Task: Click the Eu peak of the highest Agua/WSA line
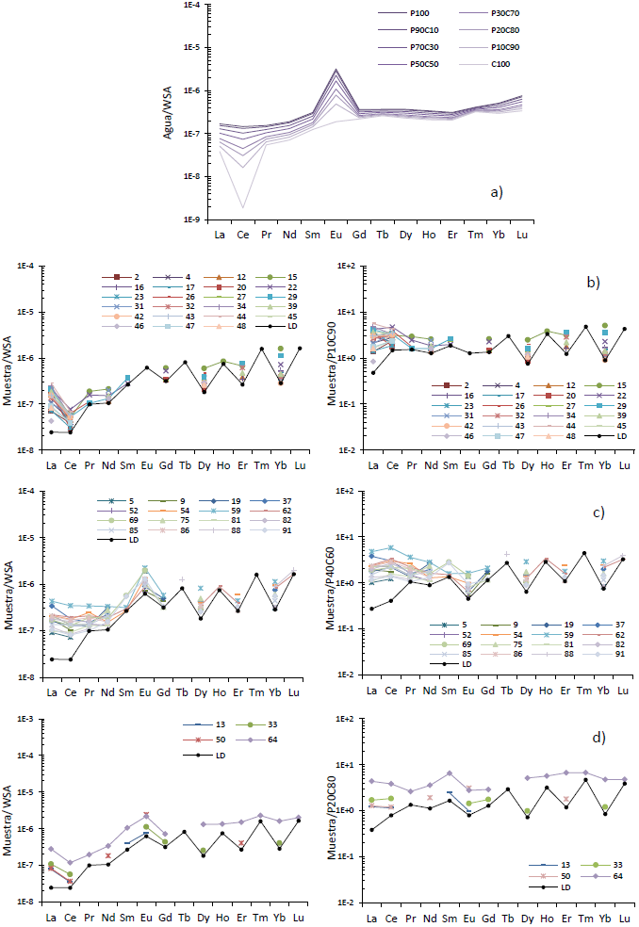[336, 70]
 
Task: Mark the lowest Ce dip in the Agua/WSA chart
[243, 207]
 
